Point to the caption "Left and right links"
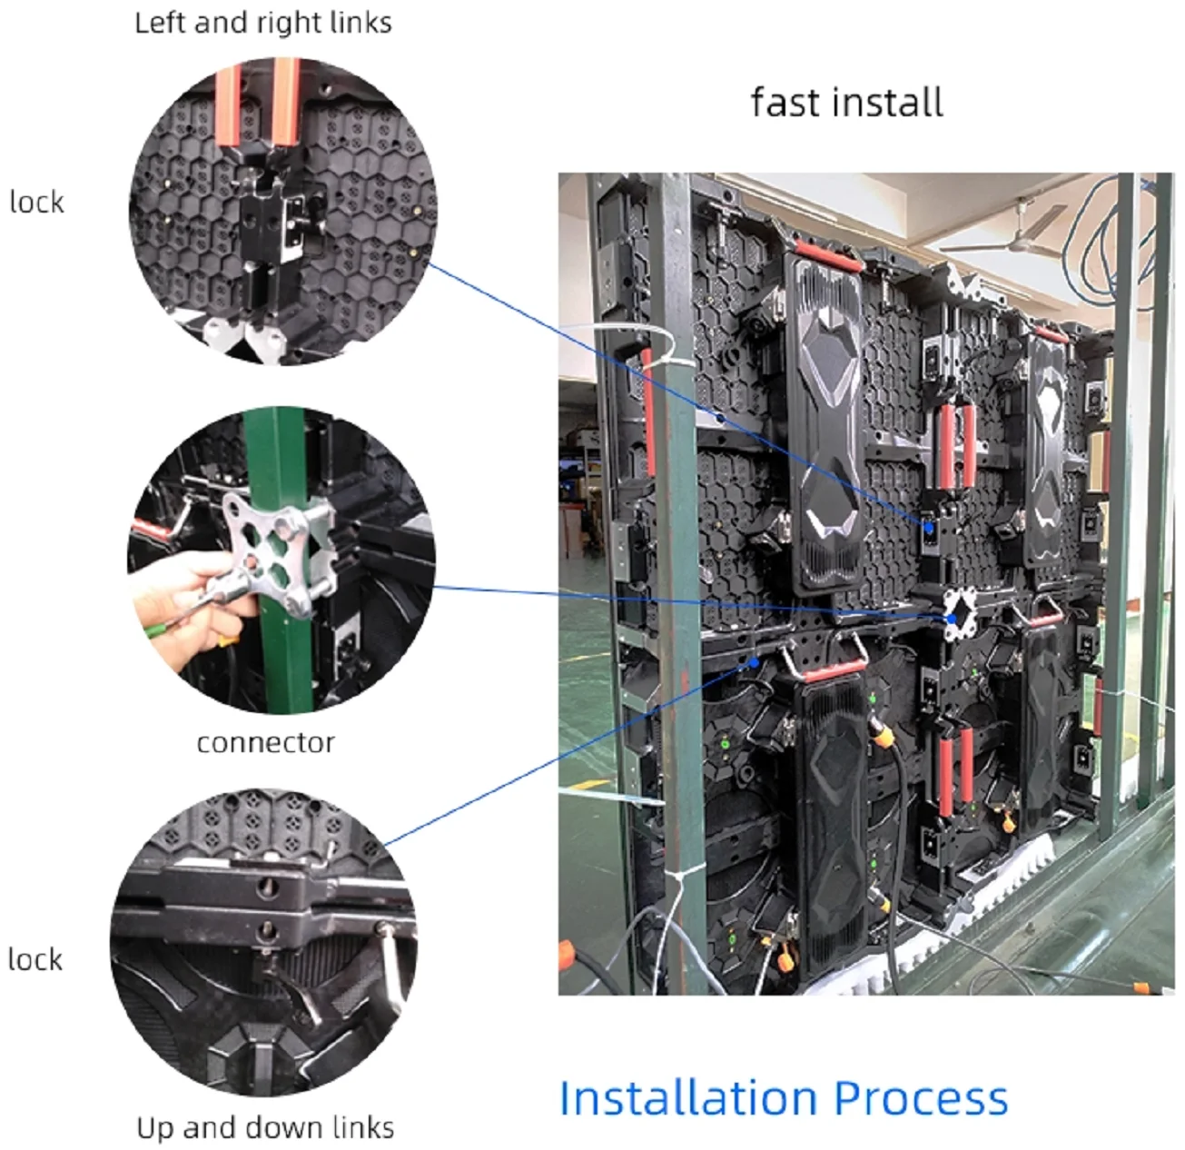(263, 23)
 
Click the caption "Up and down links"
(265, 1128)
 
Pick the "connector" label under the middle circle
(265, 743)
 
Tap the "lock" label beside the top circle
(36, 202)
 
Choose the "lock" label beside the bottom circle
(35, 959)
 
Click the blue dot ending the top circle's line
(929, 527)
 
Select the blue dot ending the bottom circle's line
(754, 662)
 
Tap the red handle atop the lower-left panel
(834, 671)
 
